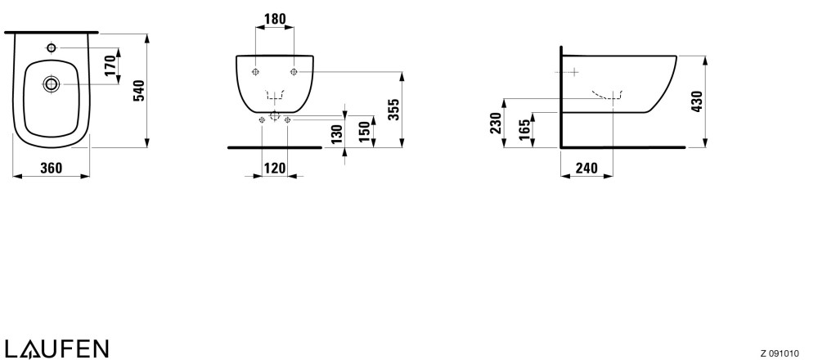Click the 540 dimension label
click(x=138, y=91)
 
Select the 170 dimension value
click(x=110, y=65)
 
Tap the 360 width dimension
click(x=51, y=168)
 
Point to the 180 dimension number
click(x=275, y=20)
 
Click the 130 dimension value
click(x=337, y=134)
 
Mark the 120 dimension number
click(x=275, y=168)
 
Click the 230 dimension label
click(x=496, y=123)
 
